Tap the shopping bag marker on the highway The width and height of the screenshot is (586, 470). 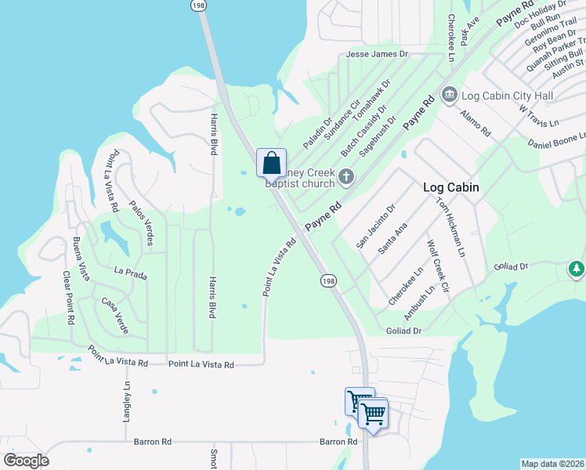coord(271,163)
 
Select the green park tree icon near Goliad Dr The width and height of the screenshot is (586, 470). coord(576,269)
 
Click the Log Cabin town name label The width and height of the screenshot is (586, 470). coord(450,187)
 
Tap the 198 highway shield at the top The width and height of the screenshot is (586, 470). coord(197,5)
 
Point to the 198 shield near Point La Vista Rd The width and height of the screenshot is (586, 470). coord(327,280)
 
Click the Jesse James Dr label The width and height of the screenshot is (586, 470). coord(378,54)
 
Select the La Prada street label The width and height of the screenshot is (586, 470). coord(130,273)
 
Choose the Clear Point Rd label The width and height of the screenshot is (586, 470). coord(67,298)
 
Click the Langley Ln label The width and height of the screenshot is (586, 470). coord(125,403)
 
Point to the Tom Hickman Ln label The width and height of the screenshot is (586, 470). coord(450,225)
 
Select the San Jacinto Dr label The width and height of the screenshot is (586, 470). coord(376,226)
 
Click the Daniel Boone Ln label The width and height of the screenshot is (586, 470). coord(556,140)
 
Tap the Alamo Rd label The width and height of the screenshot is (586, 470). coord(476,123)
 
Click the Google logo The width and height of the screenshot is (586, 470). coord(26,460)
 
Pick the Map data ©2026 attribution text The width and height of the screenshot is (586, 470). coord(552,464)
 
